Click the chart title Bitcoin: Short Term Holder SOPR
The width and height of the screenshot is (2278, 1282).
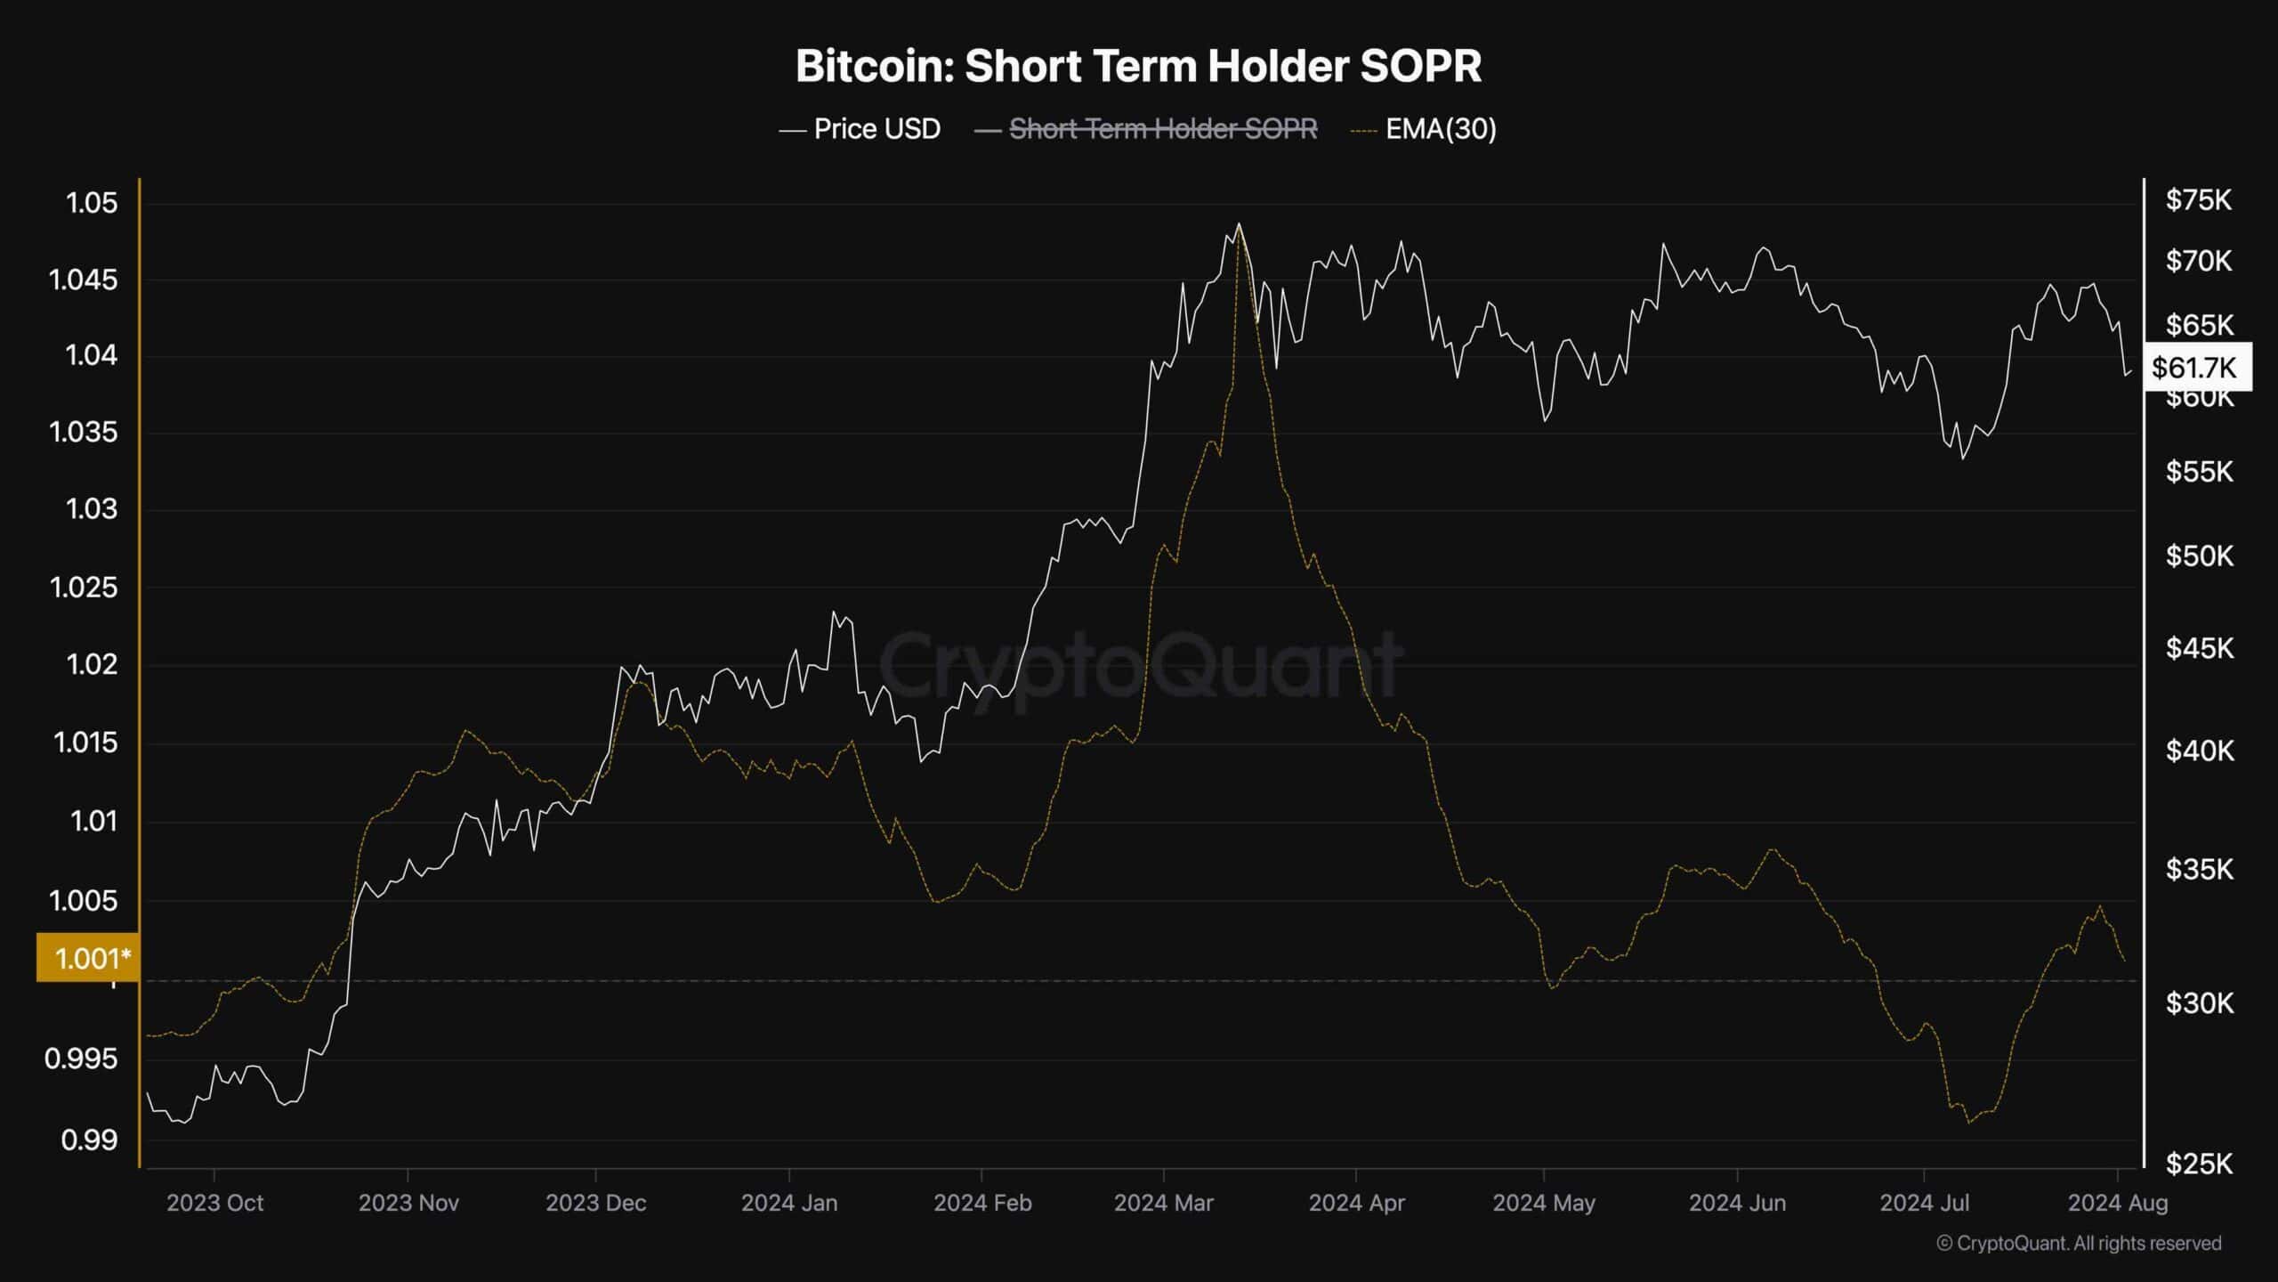pos(1138,66)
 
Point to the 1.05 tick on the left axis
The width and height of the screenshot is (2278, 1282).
pos(92,203)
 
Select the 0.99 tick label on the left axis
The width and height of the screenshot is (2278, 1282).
pos(89,1140)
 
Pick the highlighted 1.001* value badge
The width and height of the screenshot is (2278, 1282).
pos(88,958)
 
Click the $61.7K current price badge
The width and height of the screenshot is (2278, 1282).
pos(2196,367)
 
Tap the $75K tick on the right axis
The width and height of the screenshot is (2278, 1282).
pos(2198,200)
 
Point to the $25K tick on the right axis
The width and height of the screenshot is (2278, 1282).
pos(2198,1164)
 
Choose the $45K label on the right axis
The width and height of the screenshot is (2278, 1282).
pos(2198,648)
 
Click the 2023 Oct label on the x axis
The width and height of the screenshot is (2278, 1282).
pos(214,1203)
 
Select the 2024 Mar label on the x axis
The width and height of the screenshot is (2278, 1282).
pos(1163,1203)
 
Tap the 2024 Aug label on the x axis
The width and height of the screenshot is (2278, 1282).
pos(2117,1203)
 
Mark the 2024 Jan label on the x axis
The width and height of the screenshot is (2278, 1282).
pos(788,1203)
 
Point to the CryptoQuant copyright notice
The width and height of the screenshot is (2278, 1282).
pos(2079,1243)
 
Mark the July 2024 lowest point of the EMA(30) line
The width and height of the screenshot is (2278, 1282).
pos(1968,1123)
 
